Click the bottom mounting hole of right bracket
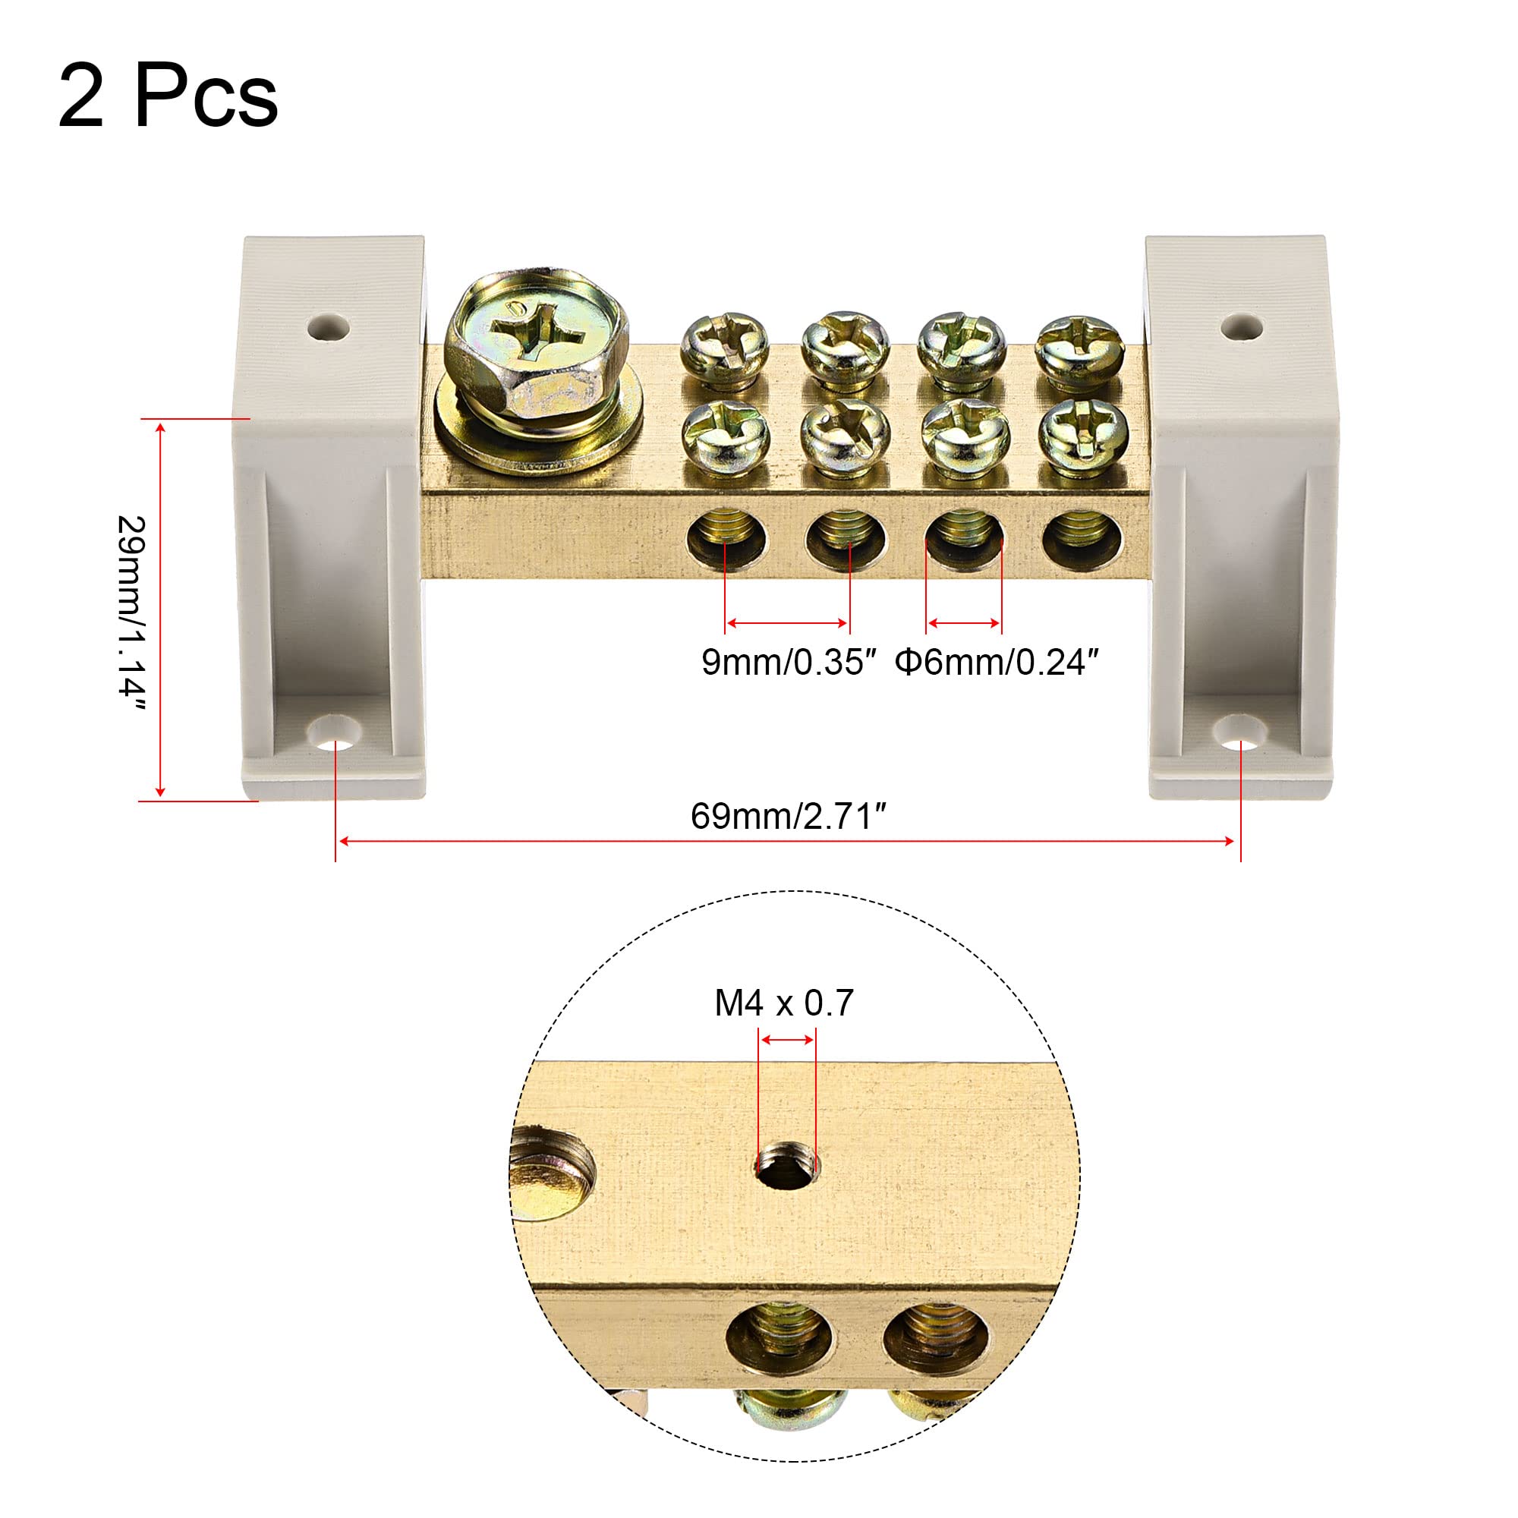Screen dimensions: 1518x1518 [x=1240, y=736]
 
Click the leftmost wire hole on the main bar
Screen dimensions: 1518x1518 [x=728, y=540]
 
